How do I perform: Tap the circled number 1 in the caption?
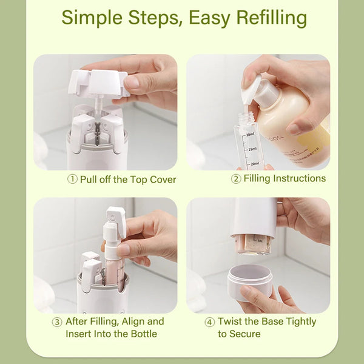pos(72,180)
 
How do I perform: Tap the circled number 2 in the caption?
pos(236,178)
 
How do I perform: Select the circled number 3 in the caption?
pos(57,322)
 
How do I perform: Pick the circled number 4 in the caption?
pos(209,322)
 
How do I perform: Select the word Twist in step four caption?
pos(230,322)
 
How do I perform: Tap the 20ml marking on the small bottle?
pos(254,163)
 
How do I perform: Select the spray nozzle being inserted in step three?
pos(115,224)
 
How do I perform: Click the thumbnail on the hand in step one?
pos(132,81)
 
